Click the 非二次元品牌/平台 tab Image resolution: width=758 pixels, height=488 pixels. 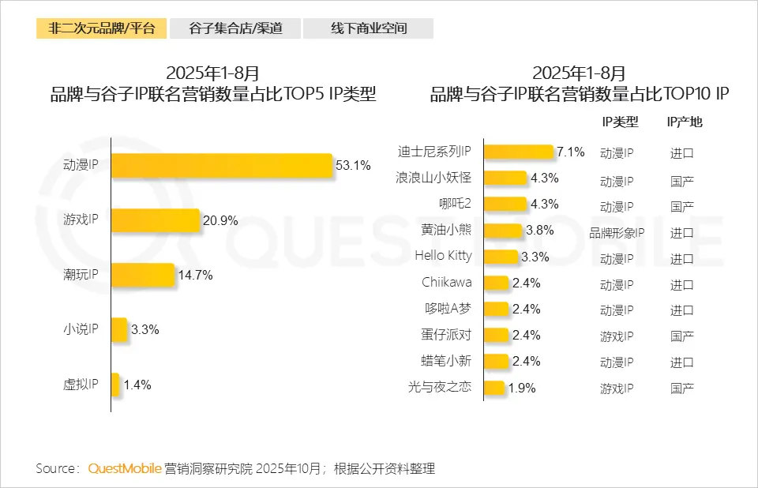click(x=101, y=28)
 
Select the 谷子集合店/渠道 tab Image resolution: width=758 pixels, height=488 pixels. click(x=236, y=28)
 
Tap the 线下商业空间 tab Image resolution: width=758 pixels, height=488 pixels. click(x=369, y=28)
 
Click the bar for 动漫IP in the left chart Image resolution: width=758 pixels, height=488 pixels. click(x=222, y=166)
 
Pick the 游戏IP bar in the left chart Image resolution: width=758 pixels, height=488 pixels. click(x=156, y=220)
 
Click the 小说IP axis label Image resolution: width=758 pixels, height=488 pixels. click(x=80, y=330)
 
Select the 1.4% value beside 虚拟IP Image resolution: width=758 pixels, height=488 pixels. click(x=137, y=385)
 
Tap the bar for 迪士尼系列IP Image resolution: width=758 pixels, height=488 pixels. click(x=518, y=152)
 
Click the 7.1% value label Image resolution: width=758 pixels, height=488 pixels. click(x=570, y=152)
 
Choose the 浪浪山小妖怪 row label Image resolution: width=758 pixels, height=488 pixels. click(x=433, y=178)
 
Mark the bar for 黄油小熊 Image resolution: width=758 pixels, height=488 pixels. click(x=503, y=231)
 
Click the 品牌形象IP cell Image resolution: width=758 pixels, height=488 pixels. click(x=617, y=232)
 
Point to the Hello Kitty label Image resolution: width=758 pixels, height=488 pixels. click(x=443, y=256)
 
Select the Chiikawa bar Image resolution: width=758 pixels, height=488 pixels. click(x=496, y=283)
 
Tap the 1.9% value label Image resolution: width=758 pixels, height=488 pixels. click(x=522, y=388)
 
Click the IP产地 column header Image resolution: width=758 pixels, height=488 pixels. click(x=684, y=122)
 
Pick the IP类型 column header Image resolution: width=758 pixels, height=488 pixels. click(x=620, y=122)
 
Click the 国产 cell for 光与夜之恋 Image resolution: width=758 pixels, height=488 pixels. click(x=682, y=388)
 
